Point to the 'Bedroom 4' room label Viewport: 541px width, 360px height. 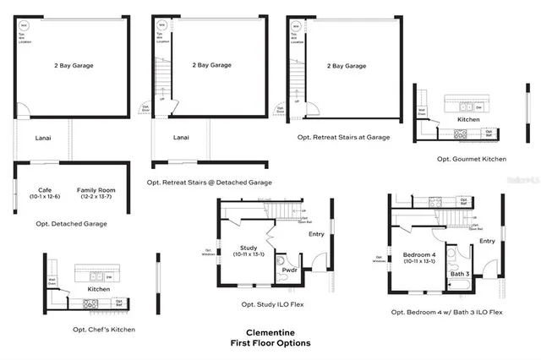[x=418, y=254]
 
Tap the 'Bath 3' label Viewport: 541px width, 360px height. [x=459, y=273]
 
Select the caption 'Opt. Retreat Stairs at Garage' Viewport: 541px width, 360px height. [x=343, y=137]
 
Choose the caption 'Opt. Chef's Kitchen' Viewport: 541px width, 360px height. [x=104, y=329]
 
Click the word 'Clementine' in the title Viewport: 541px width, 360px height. [x=270, y=333]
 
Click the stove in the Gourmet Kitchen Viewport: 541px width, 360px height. [x=462, y=134]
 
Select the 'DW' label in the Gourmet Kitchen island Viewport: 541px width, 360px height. [x=478, y=107]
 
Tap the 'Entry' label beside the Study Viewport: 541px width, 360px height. [x=316, y=234]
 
